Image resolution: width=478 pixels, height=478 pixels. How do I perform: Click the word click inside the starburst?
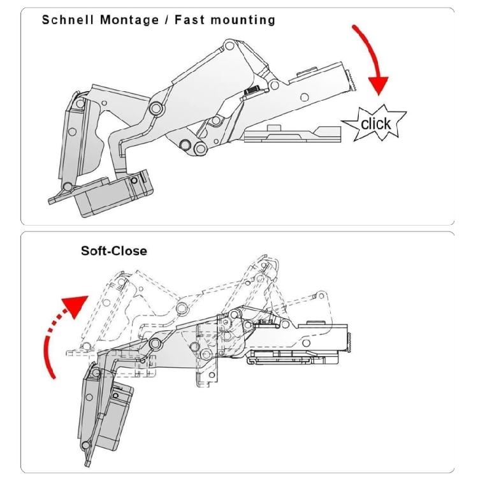pyautogui.click(x=376, y=122)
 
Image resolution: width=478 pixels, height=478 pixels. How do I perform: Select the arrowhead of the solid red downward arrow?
pyautogui.click(x=378, y=83)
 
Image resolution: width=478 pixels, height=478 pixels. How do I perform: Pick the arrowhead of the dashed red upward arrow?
pyautogui.click(x=75, y=303)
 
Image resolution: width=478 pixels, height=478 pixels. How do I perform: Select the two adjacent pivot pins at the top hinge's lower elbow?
pyautogui.click(x=193, y=146)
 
